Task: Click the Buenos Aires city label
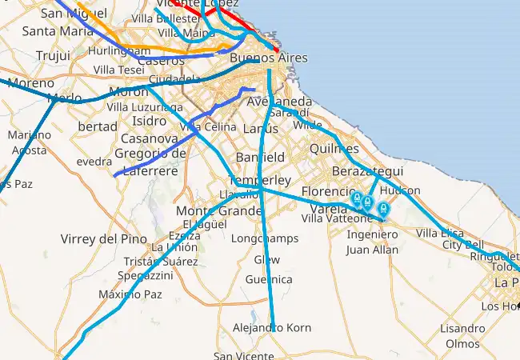tap(268, 58)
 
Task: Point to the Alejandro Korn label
tap(271, 328)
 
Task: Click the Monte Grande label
tap(219, 210)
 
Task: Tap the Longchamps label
tap(264, 238)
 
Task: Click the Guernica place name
tap(269, 279)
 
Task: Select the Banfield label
tap(260, 157)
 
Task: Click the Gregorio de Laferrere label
tap(150, 160)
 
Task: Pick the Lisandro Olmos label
tap(462, 336)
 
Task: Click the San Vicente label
tap(243, 356)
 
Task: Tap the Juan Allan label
tap(372, 250)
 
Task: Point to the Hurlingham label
tap(120, 50)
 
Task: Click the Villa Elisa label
tap(439, 233)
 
